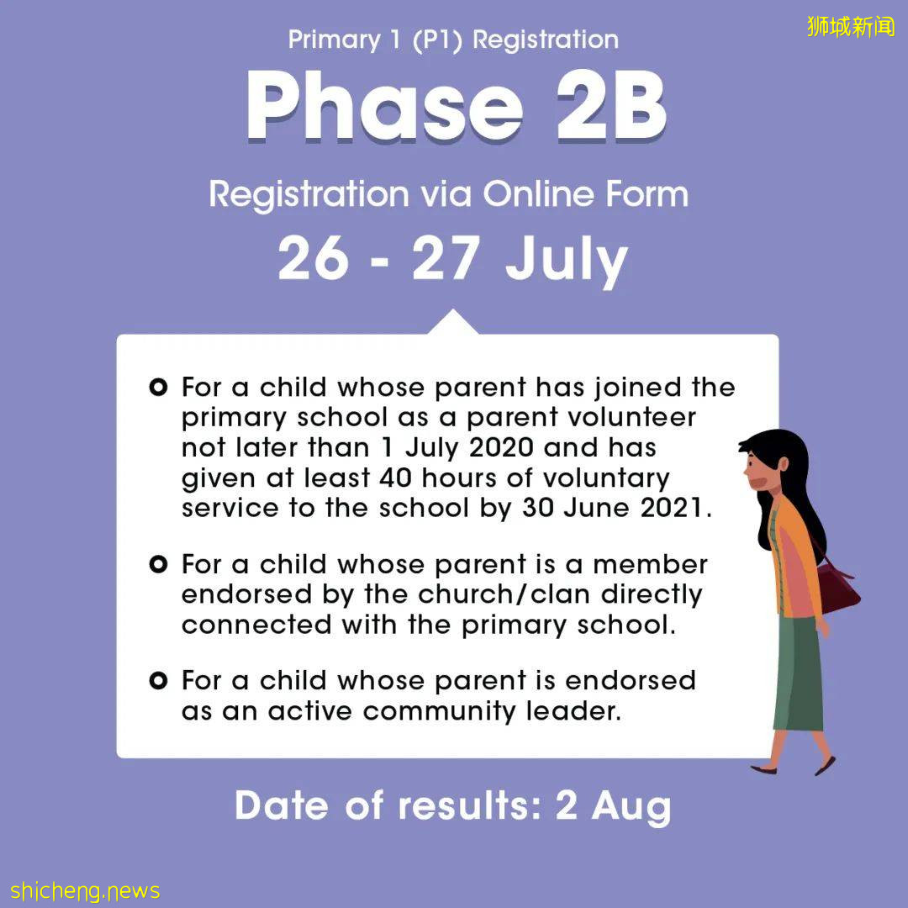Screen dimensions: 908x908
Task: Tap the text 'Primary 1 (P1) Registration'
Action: tap(453, 40)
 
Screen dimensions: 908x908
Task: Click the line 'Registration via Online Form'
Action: tap(448, 194)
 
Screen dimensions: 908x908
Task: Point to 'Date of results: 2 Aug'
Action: tap(452, 805)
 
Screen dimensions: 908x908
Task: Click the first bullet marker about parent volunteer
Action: tap(157, 388)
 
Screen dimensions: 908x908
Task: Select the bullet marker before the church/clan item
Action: tap(157, 564)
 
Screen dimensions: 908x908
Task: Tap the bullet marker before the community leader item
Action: tap(157, 680)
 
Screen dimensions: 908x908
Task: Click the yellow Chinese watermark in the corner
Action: tap(851, 27)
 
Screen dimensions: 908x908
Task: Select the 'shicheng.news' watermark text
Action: tap(85, 890)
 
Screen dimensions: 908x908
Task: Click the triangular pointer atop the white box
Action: tap(453, 323)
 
